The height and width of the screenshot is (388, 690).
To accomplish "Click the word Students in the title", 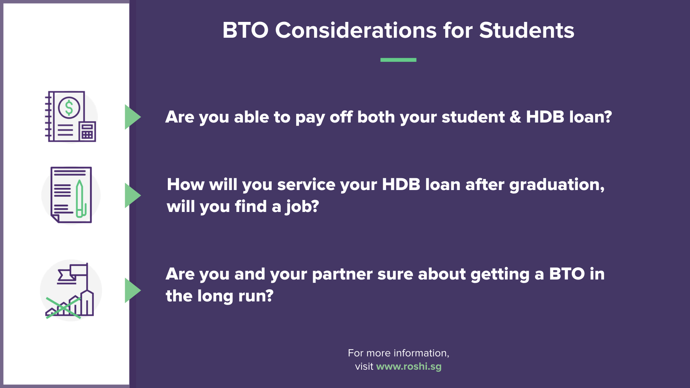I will [526, 30].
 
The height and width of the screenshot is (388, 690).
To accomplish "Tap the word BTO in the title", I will [245, 30].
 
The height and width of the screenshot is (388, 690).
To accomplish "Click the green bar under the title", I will [398, 60].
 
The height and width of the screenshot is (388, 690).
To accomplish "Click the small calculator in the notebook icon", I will [87, 132].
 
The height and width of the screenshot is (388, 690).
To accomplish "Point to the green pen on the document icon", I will [80, 199].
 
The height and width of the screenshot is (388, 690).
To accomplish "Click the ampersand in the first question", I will [515, 117].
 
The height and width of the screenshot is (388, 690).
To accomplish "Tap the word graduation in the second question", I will [556, 185].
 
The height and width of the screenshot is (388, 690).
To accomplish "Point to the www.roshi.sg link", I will [409, 366].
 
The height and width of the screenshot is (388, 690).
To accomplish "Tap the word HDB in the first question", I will [545, 117].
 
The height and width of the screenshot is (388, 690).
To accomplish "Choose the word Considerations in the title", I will [356, 30].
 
